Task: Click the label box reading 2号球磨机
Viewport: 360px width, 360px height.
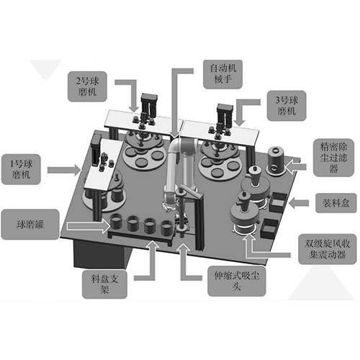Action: [x=87, y=86]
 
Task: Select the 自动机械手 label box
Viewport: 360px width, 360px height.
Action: [x=222, y=74]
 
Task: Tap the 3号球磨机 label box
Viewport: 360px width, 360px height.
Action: [x=287, y=106]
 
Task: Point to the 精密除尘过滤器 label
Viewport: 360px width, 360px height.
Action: [x=333, y=158]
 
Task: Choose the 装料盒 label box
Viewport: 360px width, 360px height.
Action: [x=336, y=203]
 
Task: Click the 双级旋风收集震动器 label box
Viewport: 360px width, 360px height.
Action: [x=328, y=249]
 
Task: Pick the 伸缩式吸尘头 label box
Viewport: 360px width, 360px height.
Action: [x=237, y=281]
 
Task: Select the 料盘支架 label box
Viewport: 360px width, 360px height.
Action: [x=104, y=284]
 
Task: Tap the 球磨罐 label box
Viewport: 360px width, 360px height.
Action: [x=30, y=225]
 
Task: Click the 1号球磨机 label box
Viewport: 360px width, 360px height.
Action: [x=21, y=169]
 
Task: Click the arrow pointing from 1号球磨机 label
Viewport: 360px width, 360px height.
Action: [x=64, y=170]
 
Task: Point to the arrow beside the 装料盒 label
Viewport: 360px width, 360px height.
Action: [x=299, y=203]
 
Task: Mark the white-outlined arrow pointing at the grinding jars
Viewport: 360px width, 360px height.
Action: [x=89, y=226]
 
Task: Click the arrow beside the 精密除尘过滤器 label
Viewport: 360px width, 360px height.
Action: [x=296, y=166]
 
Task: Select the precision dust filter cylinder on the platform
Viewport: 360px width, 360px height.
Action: [x=276, y=160]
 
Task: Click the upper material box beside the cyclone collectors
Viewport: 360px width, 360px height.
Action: [x=278, y=202]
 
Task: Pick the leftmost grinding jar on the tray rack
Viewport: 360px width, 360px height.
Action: [x=117, y=222]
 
